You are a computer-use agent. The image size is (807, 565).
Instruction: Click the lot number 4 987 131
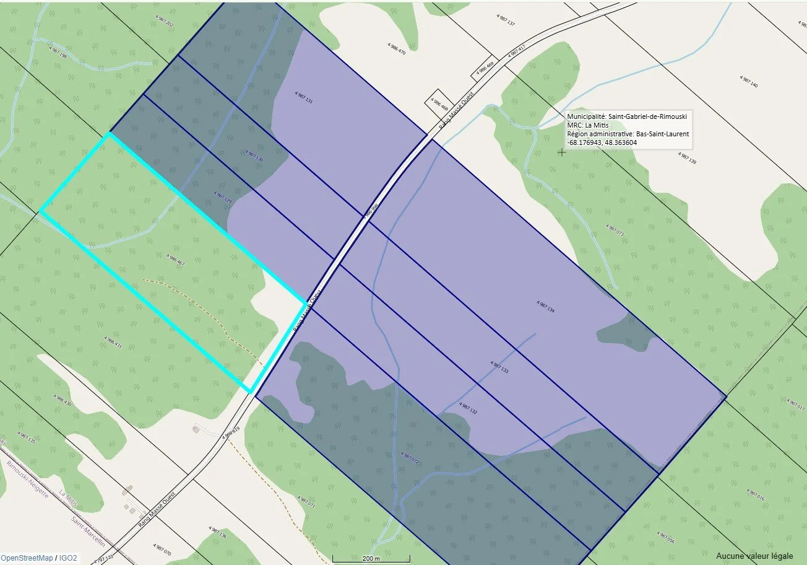click(304, 97)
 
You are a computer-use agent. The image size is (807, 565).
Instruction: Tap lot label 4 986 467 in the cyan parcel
click(176, 260)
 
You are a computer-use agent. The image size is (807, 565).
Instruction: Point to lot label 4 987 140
click(748, 81)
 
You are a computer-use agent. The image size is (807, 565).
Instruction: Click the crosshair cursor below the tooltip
click(561, 152)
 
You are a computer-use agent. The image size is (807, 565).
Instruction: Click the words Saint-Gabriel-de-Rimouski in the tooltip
click(647, 116)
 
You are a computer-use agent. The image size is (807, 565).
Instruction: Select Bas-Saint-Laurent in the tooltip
click(663, 134)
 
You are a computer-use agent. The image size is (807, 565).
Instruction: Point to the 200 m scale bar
click(371, 559)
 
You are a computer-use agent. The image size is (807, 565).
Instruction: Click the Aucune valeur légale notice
click(754, 556)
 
